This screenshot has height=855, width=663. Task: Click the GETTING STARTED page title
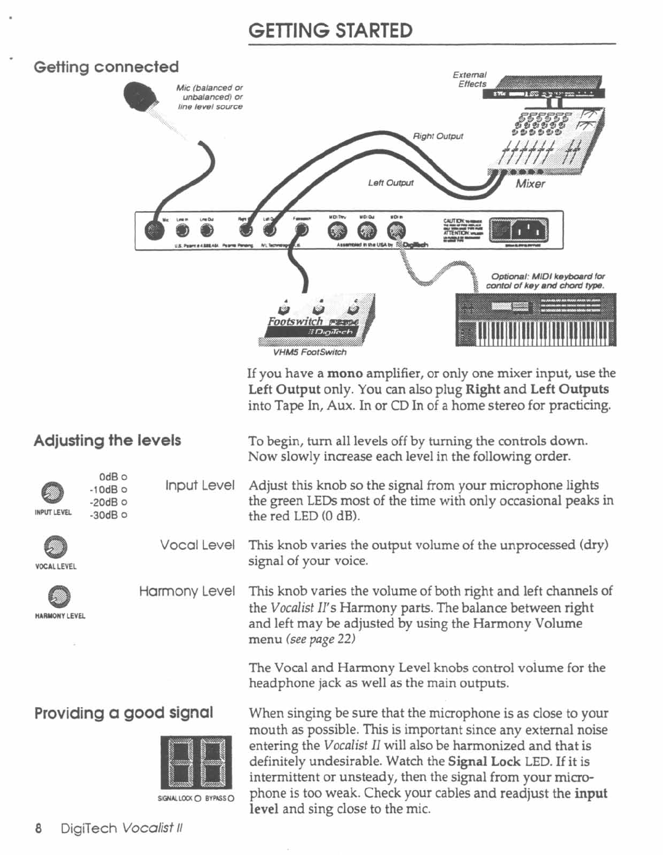(330, 30)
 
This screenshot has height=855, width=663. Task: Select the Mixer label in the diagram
(530, 184)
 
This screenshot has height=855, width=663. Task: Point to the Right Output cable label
(438, 136)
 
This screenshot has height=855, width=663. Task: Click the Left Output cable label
(390, 183)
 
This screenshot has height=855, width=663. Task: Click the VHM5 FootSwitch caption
(309, 352)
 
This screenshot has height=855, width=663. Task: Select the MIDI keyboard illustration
(536, 319)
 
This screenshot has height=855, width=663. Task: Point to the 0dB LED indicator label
(113, 477)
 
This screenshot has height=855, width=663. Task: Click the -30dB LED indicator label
(108, 515)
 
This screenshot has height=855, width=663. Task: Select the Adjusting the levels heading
(107, 441)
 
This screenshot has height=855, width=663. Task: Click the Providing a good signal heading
(123, 713)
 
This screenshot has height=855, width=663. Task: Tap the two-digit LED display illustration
(196, 762)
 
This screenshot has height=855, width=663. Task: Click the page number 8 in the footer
(38, 829)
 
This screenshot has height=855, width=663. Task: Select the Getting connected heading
(106, 67)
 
